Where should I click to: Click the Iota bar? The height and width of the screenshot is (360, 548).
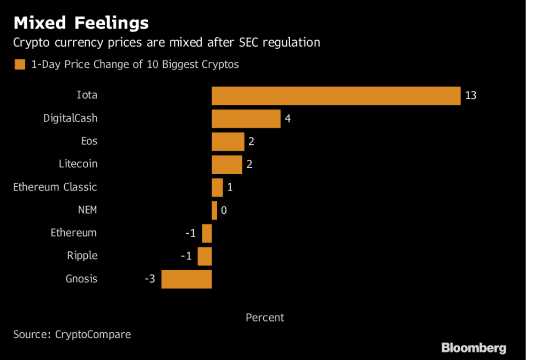click(336, 96)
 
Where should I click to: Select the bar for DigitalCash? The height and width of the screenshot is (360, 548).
click(246, 119)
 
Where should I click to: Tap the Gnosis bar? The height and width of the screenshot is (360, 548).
click(186, 279)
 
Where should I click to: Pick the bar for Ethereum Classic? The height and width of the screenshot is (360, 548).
click(217, 188)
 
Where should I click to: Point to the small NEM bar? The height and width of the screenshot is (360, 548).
click(214, 210)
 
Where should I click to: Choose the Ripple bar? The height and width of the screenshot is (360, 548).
click(204, 256)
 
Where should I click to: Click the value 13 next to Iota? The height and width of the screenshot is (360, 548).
click(471, 96)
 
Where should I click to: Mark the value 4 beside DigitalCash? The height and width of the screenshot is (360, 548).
click(288, 119)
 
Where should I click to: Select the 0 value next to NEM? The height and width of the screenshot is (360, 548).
click(224, 211)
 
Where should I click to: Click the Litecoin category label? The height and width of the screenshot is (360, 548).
click(78, 164)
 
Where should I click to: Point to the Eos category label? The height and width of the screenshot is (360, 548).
click(89, 141)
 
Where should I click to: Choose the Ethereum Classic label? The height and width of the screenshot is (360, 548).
click(55, 187)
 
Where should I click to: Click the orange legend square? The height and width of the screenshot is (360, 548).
click(20, 65)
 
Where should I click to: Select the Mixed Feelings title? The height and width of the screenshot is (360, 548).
click(81, 23)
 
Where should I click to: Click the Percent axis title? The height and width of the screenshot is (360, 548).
click(265, 318)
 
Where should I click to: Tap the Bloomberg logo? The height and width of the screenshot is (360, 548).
click(474, 348)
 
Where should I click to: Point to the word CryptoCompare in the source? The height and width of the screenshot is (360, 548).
click(93, 335)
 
